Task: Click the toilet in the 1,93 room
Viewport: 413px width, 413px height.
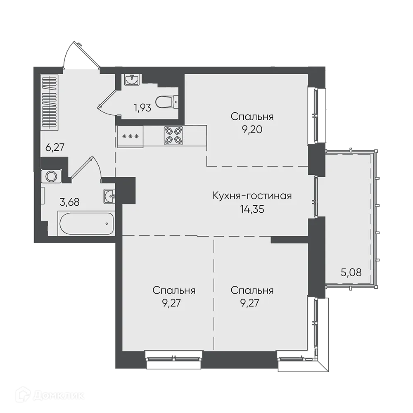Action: coord(166,102)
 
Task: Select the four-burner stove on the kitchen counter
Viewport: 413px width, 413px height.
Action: coord(173,135)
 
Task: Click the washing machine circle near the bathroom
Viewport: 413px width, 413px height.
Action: coord(51,176)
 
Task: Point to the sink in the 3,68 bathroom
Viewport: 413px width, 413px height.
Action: coord(109,196)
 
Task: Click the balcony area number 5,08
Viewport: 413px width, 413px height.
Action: coord(351,272)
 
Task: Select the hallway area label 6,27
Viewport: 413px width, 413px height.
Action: coord(55,147)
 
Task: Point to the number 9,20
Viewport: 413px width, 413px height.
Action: coord(252,130)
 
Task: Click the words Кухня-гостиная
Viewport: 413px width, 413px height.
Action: coord(252,196)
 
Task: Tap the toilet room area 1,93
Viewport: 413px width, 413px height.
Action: coord(142,108)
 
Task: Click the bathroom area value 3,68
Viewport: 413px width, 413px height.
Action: coord(69,202)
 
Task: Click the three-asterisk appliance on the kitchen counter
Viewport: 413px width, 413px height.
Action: coord(131,136)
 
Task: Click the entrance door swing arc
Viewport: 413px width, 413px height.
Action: coord(68,52)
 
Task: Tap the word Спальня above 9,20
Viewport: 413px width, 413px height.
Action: coord(252,116)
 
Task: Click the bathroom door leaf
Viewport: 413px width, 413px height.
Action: coord(82,167)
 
